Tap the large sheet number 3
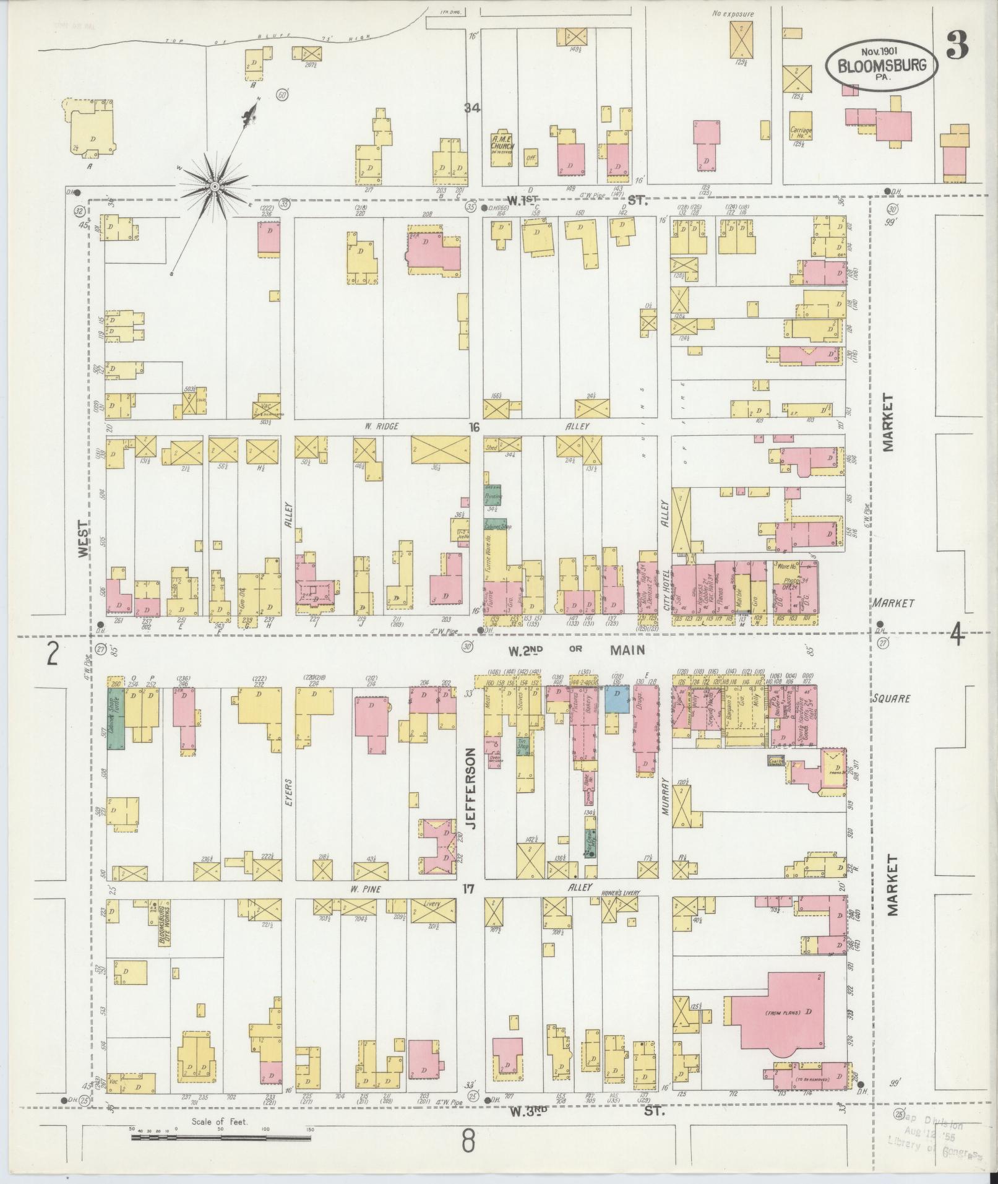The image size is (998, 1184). [x=957, y=45]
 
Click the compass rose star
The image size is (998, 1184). [x=214, y=186]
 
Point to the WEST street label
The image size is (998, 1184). [x=84, y=538]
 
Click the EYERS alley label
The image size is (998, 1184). [x=288, y=794]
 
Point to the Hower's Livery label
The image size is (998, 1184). [x=621, y=893]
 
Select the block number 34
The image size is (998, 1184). [x=473, y=108]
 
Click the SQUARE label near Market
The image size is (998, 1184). [x=893, y=698]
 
